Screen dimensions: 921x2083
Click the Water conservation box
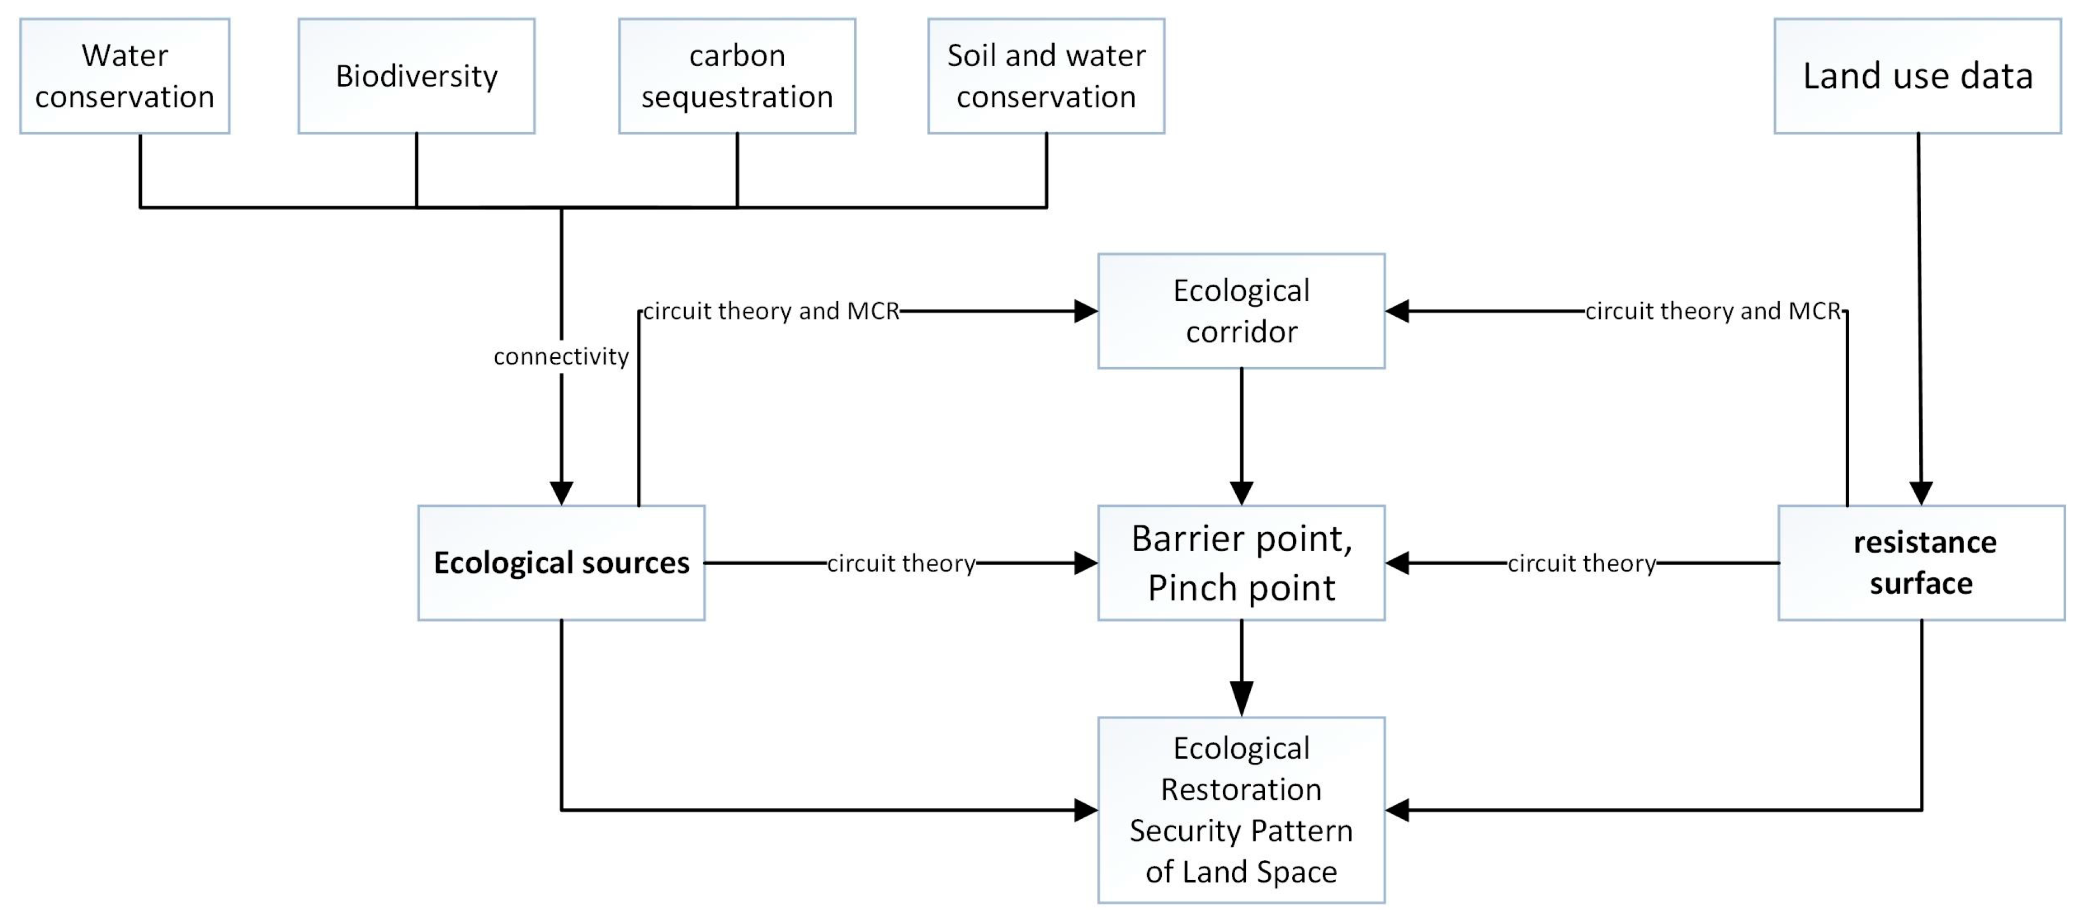124,76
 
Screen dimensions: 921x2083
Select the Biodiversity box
417,76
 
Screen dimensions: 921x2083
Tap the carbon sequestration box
737,76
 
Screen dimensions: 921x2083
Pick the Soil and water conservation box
1046,76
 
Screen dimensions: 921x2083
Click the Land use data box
1917,76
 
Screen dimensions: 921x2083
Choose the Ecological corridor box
1241,311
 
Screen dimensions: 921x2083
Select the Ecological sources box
561,563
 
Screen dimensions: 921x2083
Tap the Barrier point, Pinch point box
1241,563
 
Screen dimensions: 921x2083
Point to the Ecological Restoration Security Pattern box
1241,809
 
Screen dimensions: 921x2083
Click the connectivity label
561,357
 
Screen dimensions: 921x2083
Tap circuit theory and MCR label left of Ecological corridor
770,311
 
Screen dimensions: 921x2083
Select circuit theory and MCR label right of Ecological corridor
1712,311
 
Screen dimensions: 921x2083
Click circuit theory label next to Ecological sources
901,563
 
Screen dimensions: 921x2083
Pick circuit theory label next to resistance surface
1582,563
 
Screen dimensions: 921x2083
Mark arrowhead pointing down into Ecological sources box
561,492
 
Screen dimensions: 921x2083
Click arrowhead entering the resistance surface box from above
1922,492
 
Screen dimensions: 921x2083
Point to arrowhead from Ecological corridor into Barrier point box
1241,492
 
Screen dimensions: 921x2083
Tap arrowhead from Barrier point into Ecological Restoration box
1241,698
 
